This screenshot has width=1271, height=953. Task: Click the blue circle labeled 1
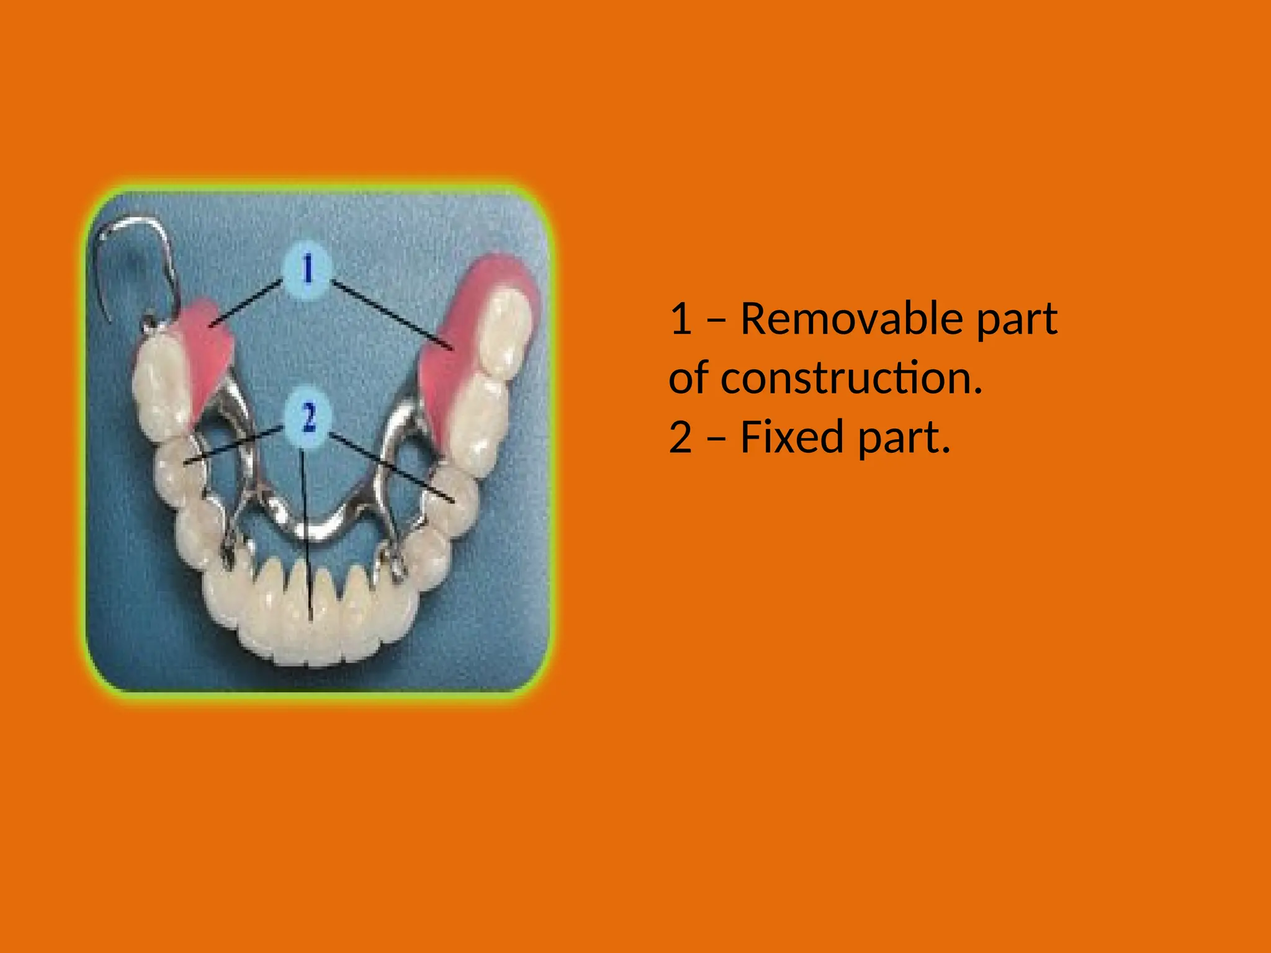coord(308,271)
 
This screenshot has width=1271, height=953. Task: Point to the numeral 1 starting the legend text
coord(681,319)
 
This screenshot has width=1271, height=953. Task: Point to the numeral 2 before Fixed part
coord(681,437)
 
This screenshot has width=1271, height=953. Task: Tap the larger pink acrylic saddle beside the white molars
coord(447,347)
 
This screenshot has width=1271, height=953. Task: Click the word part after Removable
coord(1017,320)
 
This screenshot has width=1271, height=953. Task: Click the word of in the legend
coord(689,378)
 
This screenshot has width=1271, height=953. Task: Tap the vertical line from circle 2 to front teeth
coord(307,534)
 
